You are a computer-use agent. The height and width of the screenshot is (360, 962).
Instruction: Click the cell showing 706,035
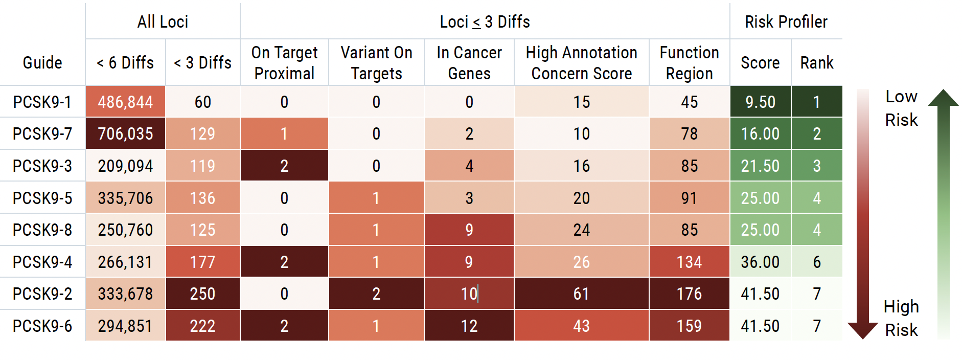(125, 134)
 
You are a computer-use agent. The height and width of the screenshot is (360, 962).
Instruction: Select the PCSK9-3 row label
(42, 166)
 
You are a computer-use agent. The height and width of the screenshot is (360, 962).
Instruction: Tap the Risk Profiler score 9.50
(760, 102)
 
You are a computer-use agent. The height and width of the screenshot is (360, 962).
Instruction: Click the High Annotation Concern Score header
(581, 63)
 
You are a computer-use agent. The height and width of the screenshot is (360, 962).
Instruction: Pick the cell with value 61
(581, 294)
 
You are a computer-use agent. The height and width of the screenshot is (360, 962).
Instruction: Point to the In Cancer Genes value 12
(469, 326)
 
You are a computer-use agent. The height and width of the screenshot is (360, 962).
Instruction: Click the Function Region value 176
(689, 294)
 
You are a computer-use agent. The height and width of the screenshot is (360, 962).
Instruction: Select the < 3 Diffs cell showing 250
(202, 294)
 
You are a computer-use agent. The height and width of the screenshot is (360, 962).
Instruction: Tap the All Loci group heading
(163, 22)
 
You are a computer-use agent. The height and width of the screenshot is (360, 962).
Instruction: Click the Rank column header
(816, 63)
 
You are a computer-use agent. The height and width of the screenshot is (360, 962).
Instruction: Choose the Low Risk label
(901, 108)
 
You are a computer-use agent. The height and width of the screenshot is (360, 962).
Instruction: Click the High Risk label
(901, 318)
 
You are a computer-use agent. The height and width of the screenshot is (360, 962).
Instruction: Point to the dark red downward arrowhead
(863, 330)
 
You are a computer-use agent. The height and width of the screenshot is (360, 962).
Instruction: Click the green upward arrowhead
(943, 98)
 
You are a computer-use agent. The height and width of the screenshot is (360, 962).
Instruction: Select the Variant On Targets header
(376, 63)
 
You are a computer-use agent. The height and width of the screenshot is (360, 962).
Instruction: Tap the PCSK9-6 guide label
(42, 326)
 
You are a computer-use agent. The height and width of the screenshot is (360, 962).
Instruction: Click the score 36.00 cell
(760, 262)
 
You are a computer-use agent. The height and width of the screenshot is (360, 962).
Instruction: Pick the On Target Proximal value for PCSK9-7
(284, 134)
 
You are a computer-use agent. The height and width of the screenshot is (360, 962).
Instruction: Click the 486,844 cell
(125, 102)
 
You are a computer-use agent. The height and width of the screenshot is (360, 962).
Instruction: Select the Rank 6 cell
(816, 262)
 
